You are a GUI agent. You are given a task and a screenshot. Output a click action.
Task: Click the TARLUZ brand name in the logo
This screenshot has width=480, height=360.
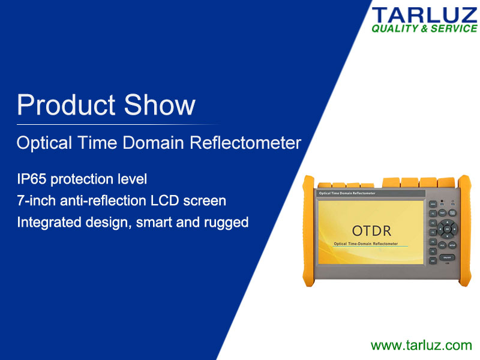[x=424, y=15]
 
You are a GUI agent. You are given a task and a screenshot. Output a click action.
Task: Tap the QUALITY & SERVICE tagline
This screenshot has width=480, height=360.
[x=424, y=29]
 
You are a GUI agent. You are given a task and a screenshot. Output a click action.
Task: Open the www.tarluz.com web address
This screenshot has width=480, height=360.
[x=421, y=345]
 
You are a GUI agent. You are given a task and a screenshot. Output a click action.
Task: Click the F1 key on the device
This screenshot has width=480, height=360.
[x=433, y=213]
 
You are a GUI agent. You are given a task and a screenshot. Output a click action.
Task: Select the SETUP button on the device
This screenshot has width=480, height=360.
[x=452, y=245]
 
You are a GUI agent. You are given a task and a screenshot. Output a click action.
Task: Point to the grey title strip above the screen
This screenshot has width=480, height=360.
[x=370, y=194]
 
